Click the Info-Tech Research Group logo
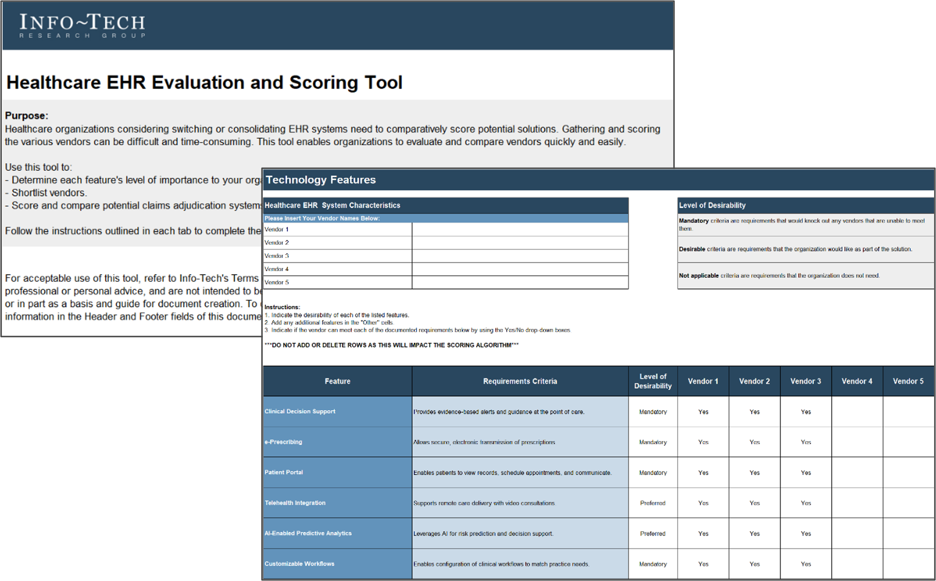click(x=82, y=25)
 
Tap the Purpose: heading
click(x=26, y=116)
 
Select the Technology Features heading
click(x=320, y=180)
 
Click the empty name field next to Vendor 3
click(x=520, y=256)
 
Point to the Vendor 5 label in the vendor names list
click(x=277, y=282)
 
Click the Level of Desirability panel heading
click(x=712, y=205)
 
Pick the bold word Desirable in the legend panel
click(x=692, y=249)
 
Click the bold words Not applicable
click(x=698, y=276)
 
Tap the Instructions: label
click(x=282, y=307)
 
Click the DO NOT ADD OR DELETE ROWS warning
click(x=391, y=345)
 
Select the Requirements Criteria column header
click(x=520, y=381)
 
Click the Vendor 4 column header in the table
click(x=856, y=381)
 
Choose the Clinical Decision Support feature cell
click(x=300, y=411)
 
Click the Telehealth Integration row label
click(x=295, y=503)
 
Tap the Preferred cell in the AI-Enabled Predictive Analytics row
click(x=653, y=534)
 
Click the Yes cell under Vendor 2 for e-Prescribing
click(x=754, y=442)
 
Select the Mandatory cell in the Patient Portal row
click(x=653, y=473)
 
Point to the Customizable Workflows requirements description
click(x=501, y=564)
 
